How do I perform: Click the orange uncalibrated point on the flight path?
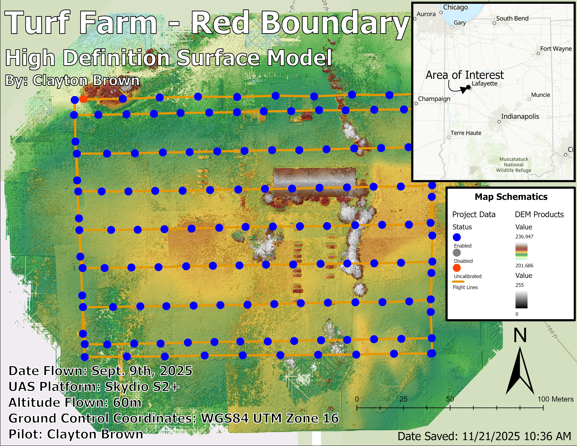coord(83,99)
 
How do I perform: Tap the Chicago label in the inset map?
coord(455,7)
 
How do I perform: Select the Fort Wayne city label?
coord(556,49)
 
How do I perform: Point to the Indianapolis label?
coord(520,116)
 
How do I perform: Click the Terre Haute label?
coord(466,133)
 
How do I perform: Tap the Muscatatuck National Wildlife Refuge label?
coord(513,165)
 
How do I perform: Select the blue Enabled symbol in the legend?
coord(457,237)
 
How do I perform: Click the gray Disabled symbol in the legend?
coord(457,253)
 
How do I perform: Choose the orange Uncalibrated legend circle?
coord(457,268)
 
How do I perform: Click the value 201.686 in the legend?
coord(524,266)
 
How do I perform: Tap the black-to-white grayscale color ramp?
coord(521,300)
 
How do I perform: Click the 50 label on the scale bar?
coord(450,399)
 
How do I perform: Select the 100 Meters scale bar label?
coord(555,399)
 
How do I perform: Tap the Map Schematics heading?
coord(511,197)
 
